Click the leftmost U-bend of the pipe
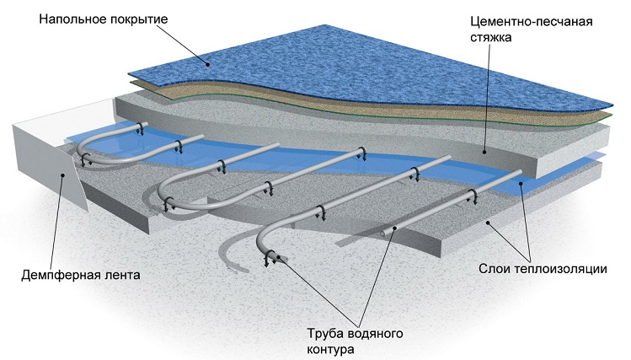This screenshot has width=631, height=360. [x=84, y=152]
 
